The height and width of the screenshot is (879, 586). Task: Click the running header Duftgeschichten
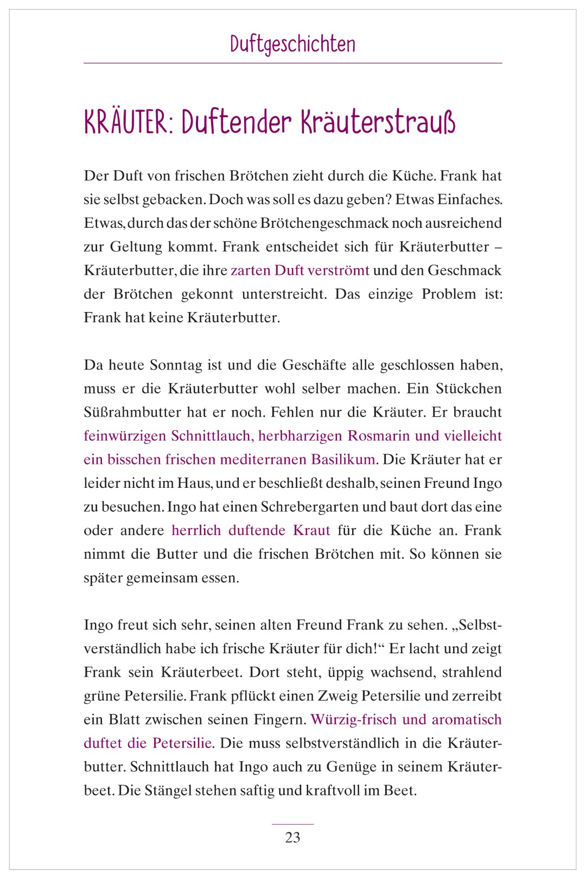tap(292, 44)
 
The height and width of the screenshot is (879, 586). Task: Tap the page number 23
tap(292, 837)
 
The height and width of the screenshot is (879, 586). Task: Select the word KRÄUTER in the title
tap(125, 123)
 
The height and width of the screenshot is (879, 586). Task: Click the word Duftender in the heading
tap(236, 123)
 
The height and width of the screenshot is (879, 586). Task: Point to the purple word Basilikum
tap(343, 460)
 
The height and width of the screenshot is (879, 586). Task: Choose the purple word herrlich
tap(196, 530)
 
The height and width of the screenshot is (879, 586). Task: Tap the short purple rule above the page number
tap(292, 824)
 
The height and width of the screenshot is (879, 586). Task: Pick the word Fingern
tap(278, 720)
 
